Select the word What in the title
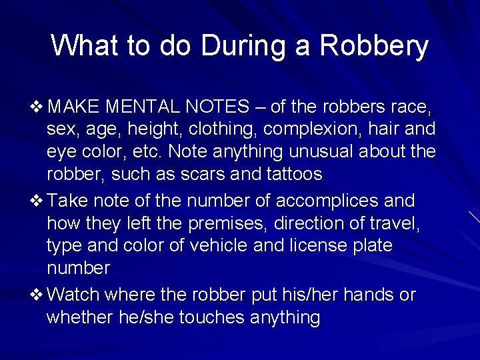85,46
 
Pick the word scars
195,175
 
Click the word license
312,246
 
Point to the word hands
365,295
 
